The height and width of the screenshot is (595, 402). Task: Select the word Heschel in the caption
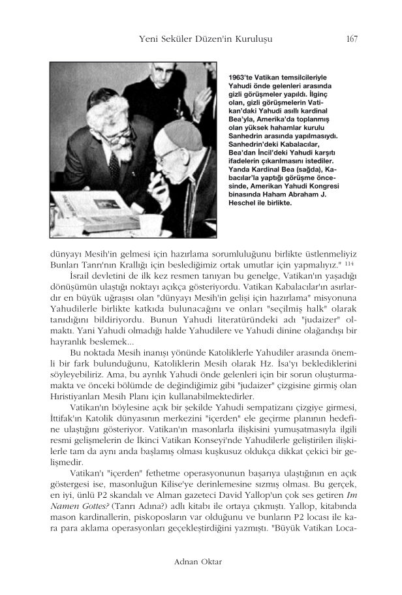tap(239, 202)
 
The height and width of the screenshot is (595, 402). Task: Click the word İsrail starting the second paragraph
tap(80, 278)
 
